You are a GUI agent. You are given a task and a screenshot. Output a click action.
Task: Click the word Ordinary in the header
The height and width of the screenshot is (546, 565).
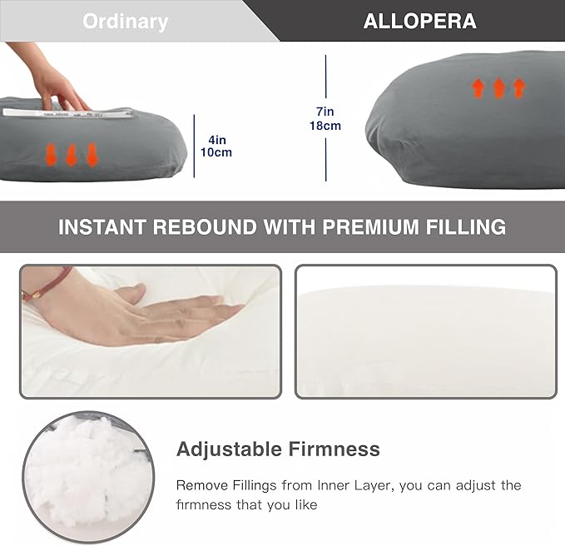click(125, 22)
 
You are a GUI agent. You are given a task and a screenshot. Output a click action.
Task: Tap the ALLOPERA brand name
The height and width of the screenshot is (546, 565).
click(419, 22)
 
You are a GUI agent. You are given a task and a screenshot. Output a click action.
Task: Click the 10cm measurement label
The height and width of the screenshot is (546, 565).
click(216, 152)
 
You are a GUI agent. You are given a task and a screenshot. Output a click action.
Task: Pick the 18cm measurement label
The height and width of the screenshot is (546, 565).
click(325, 126)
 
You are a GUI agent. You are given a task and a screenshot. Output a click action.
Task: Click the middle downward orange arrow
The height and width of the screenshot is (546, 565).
click(72, 154)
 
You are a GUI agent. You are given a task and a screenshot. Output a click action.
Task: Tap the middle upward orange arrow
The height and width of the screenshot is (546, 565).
click(499, 88)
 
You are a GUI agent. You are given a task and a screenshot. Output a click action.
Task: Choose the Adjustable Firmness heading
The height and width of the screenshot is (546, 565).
click(278, 449)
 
